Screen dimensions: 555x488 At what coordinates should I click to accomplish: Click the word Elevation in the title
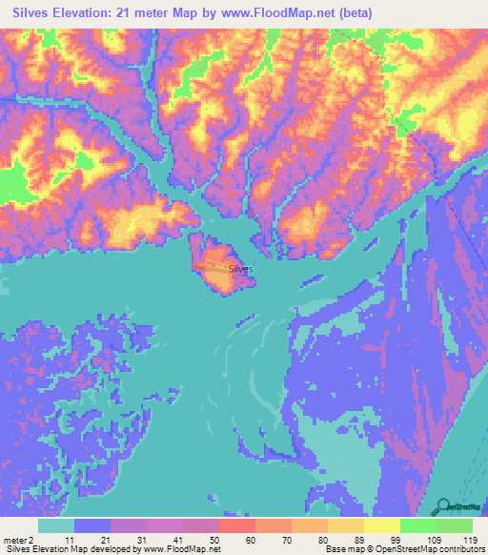coord(89,13)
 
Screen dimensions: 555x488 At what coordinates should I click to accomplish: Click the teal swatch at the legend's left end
coord(55,525)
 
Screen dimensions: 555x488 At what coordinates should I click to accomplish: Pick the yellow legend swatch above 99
coord(381,525)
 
